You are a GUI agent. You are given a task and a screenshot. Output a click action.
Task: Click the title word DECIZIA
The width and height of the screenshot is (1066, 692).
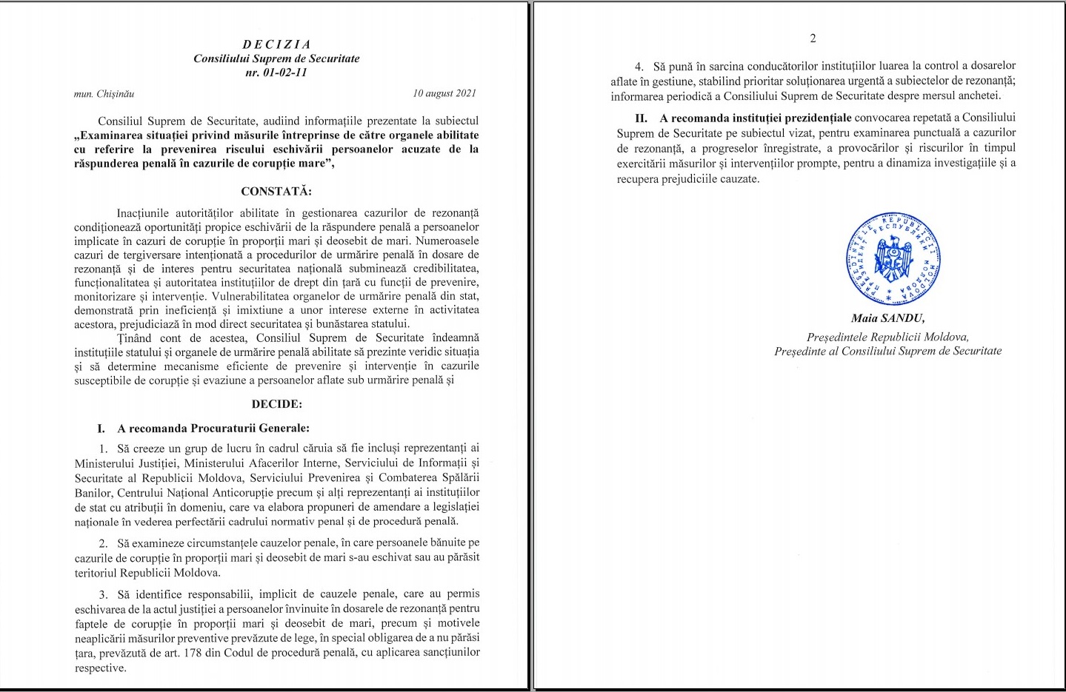pos(276,44)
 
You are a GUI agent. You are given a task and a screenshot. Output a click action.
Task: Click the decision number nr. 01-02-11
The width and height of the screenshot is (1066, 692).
pos(276,73)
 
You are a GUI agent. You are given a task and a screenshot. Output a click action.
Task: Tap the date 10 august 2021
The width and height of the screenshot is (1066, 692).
pos(444,93)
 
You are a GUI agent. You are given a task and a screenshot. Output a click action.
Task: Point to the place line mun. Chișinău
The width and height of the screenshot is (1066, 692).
pos(104,94)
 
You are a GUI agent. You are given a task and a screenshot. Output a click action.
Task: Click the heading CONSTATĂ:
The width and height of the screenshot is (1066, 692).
pos(276,191)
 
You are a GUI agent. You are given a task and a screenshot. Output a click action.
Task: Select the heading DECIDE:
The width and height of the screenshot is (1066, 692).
pos(276,404)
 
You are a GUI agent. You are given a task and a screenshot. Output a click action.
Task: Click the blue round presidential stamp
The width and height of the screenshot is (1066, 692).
pos(893,259)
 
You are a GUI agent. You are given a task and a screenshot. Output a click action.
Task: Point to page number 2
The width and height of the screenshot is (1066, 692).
pos(813,38)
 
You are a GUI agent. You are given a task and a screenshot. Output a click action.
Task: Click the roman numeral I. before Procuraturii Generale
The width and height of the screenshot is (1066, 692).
pos(101,429)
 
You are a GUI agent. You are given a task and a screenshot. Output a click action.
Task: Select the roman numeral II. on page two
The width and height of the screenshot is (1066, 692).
pos(641,118)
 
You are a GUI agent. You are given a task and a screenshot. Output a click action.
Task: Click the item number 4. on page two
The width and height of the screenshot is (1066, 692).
pos(639,67)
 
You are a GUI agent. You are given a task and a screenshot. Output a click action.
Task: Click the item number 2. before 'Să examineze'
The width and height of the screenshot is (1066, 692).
pos(104,543)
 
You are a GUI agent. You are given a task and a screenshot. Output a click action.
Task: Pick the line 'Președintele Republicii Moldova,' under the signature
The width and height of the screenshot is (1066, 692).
pos(887,337)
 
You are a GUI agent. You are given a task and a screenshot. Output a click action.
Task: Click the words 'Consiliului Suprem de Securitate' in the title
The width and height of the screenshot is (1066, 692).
pos(276,58)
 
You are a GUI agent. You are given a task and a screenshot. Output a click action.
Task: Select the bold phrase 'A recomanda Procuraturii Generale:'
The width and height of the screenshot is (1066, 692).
pos(213,429)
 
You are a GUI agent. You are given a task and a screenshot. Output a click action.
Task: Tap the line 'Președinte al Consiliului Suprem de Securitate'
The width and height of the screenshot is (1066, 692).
pos(887,351)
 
